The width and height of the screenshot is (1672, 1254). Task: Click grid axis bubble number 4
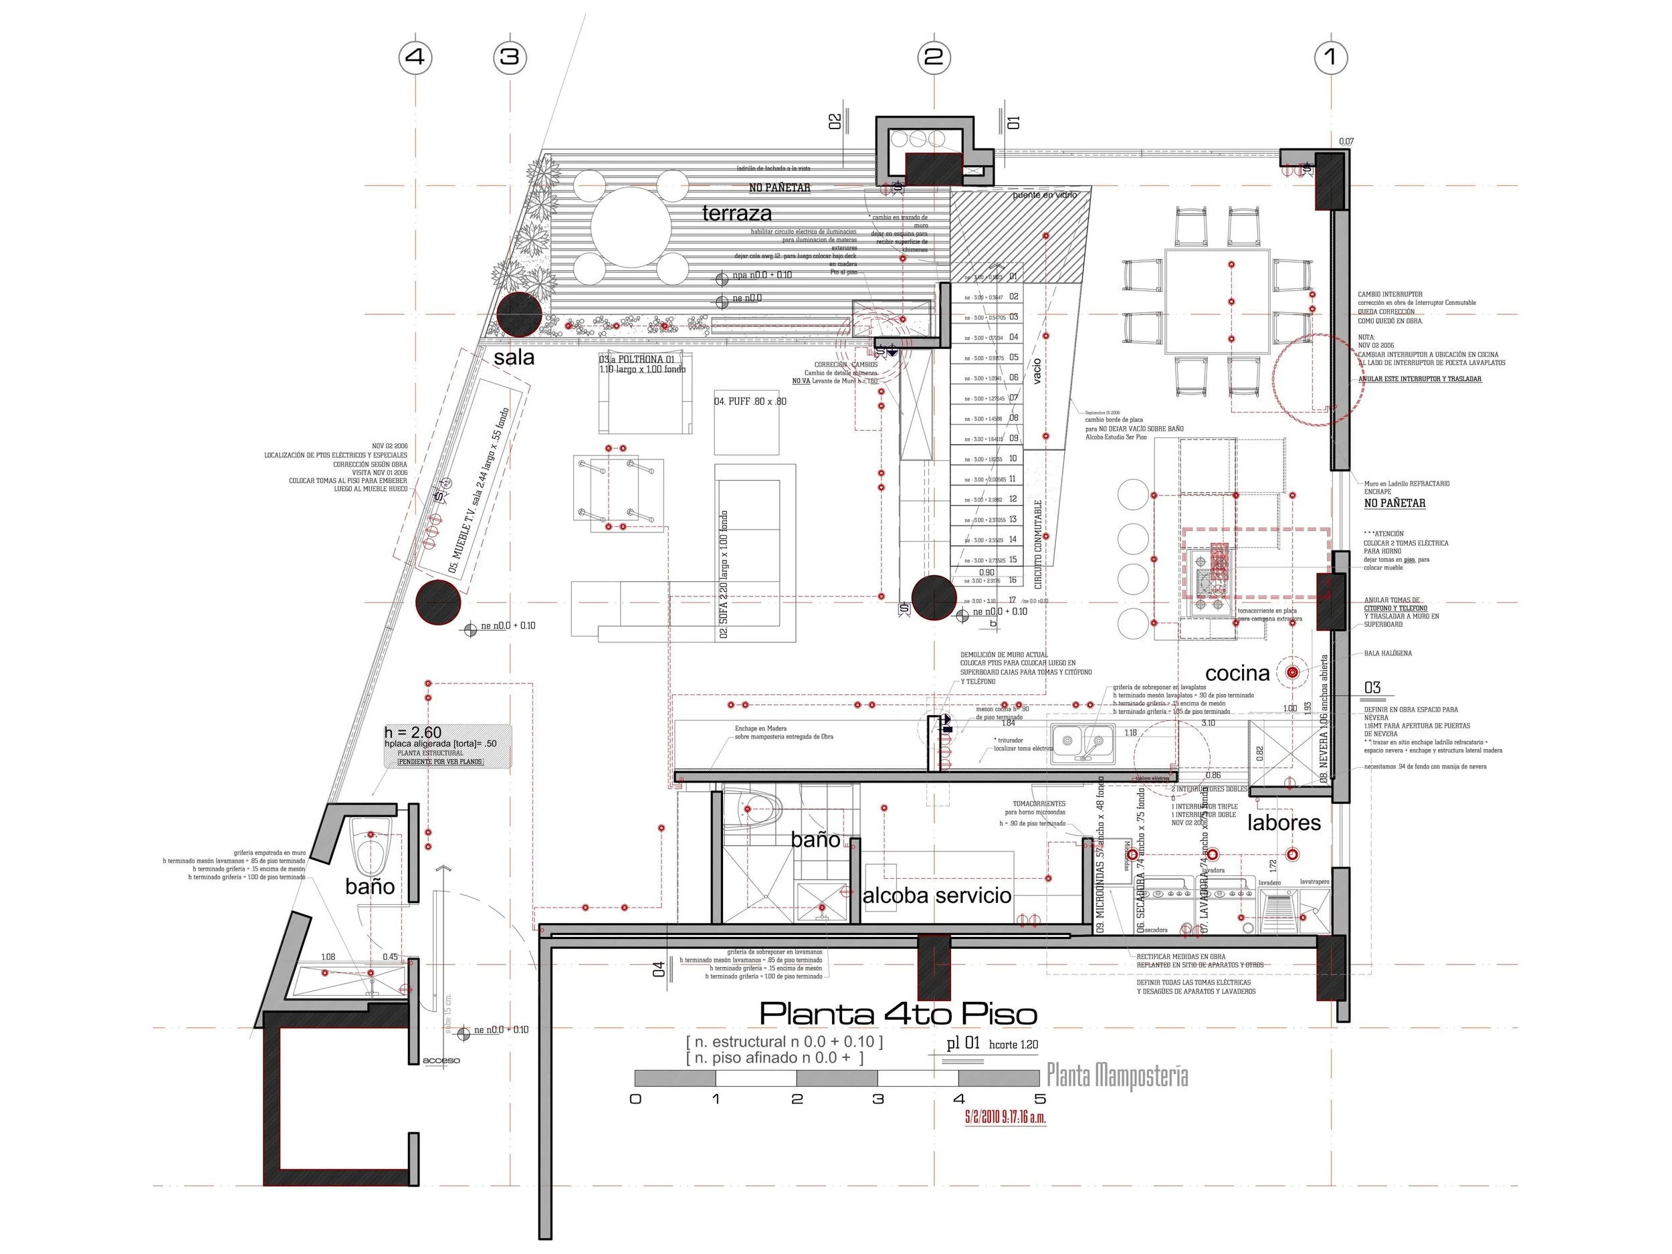(x=415, y=57)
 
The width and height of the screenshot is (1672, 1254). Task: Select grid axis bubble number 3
(x=510, y=57)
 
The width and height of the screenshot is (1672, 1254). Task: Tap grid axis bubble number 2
(x=934, y=57)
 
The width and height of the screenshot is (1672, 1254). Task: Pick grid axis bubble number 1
(x=1331, y=57)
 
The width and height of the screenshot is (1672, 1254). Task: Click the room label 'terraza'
(x=736, y=213)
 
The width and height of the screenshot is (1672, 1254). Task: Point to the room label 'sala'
(x=514, y=358)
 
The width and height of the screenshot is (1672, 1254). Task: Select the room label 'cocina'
(x=1237, y=673)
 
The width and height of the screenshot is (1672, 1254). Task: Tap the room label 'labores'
(x=1283, y=823)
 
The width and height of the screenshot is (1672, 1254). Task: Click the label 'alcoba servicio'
(x=936, y=896)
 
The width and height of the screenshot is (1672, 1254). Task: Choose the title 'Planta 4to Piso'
(x=898, y=1014)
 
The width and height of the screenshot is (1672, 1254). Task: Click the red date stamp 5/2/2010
(x=1005, y=1117)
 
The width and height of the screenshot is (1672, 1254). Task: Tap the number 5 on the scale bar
(x=1040, y=1099)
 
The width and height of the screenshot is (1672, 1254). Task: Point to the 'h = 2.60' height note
(x=413, y=732)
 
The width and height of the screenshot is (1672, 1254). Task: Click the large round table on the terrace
(x=631, y=227)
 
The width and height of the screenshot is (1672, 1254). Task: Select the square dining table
(x=1217, y=301)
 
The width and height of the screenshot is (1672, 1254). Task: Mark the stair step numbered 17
(x=1012, y=600)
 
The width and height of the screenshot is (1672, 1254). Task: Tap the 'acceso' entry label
(x=441, y=1061)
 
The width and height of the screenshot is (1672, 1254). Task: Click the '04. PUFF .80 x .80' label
(x=750, y=401)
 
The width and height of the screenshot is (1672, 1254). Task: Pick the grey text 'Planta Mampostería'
(x=1116, y=1075)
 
